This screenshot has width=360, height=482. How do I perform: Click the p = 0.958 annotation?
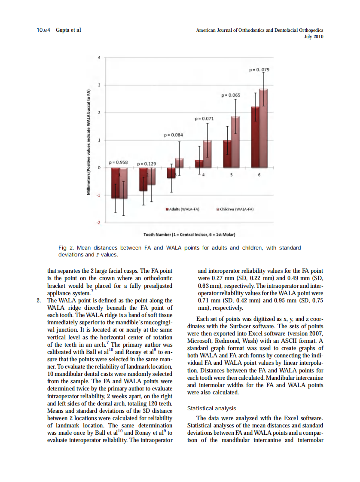(119, 162)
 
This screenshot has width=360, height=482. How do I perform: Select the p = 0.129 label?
(146, 164)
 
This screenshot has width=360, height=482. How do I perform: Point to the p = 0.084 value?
(174, 135)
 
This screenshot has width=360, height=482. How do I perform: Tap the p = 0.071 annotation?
(204, 118)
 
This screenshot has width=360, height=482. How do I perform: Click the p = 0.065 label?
(231, 95)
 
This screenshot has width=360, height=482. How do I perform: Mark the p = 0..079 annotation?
(259, 70)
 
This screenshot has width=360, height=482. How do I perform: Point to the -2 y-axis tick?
(98, 223)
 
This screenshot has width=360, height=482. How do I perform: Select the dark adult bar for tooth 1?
(115, 183)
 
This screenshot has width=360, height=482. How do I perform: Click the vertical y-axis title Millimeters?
(89, 142)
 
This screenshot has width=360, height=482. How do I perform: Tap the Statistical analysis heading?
(212, 409)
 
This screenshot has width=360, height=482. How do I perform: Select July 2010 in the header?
(313, 37)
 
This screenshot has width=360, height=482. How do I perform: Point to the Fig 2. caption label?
(66, 248)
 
